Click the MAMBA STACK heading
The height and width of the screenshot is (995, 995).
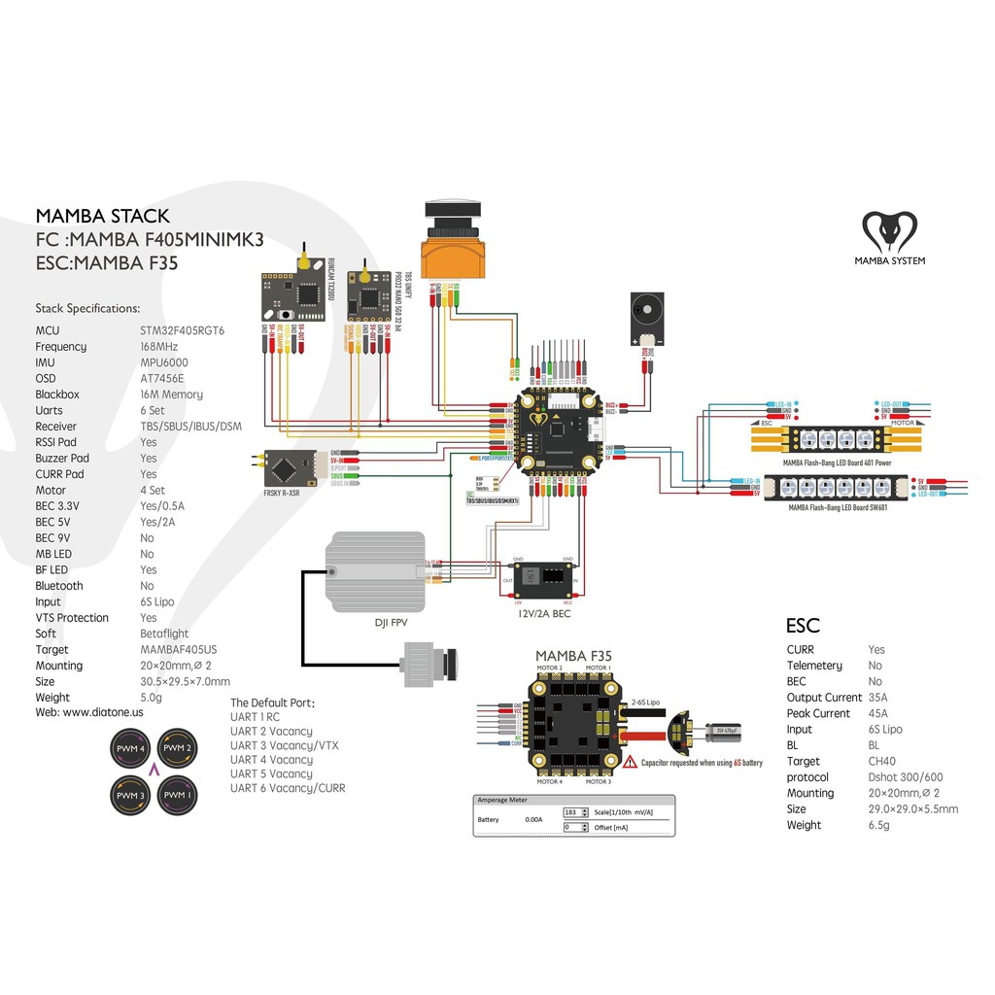[102, 216]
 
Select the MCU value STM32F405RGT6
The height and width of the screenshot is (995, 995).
[182, 330]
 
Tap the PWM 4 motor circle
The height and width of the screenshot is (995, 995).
[129, 749]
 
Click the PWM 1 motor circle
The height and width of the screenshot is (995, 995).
[176, 796]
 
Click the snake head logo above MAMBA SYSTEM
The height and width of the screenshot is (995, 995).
[889, 232]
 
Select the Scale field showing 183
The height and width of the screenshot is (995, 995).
[573, 810]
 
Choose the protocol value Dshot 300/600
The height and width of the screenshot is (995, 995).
[905, 776]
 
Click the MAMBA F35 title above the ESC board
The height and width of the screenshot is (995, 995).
[573, 657]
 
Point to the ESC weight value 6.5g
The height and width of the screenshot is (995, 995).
[878, 825]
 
